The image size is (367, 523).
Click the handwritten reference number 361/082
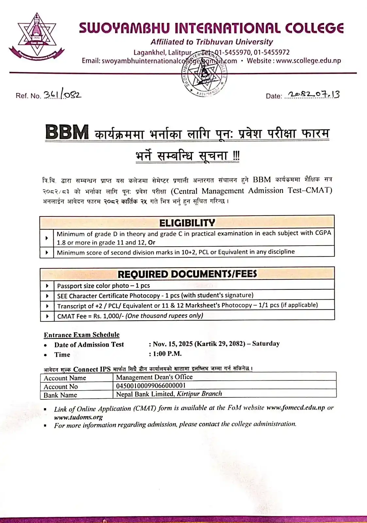(62, 95)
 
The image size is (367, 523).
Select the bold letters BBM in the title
(67, 132)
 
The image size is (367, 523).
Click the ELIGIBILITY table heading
(187, 223)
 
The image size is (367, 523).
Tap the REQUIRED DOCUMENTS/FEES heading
(187, 274)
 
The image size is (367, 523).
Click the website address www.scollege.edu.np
(309, 61)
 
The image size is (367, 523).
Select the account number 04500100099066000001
(151, 386)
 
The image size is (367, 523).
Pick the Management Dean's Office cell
(154, 377)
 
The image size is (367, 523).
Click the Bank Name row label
(60, 395)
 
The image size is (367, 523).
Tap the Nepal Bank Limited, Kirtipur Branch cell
(169, 394)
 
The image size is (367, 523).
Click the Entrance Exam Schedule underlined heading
(82, 335)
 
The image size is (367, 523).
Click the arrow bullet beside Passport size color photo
(47, 286)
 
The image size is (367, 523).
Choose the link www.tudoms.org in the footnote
(78, 417)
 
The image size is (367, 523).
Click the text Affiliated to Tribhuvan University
(211, 42)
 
